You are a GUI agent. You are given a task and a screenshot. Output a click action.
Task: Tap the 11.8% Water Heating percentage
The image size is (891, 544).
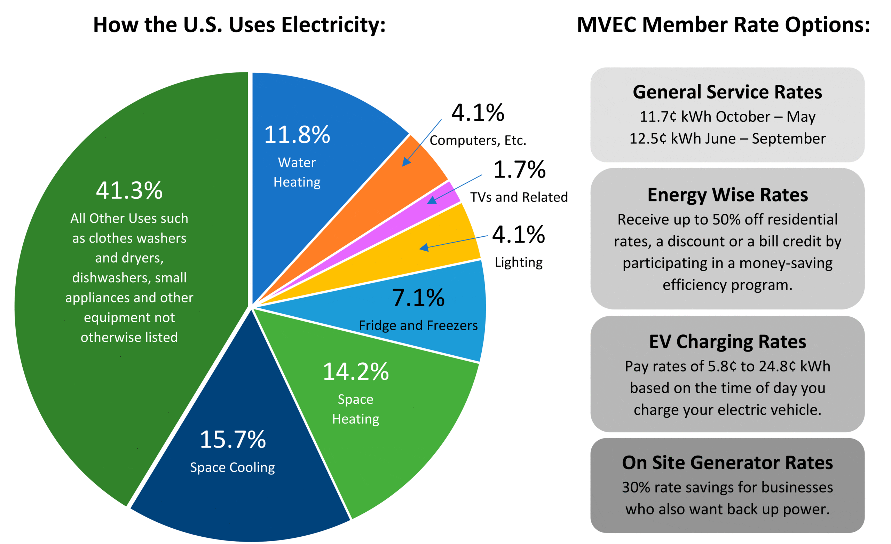(297, 135)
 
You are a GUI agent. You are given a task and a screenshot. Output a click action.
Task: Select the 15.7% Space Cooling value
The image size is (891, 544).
(232, 440)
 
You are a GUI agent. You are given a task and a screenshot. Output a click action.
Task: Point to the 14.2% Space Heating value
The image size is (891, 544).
(355, 371)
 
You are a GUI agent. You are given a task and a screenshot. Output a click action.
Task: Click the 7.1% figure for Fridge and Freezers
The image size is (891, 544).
(418, 298)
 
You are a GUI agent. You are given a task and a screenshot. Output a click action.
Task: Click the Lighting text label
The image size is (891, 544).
(519, 262)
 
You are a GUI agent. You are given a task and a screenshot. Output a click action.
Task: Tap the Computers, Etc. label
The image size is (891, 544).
(478, 140)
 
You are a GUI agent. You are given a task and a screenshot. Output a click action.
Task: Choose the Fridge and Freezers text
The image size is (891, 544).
(418, 325)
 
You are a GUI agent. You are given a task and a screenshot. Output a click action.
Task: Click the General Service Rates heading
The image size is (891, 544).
(727, 92)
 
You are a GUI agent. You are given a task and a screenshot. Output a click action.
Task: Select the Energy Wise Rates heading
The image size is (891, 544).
(727, 195)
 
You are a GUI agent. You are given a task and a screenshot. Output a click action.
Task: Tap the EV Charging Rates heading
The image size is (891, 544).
(727, 341)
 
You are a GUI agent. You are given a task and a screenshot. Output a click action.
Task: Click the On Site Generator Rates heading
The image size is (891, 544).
(727, 463)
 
